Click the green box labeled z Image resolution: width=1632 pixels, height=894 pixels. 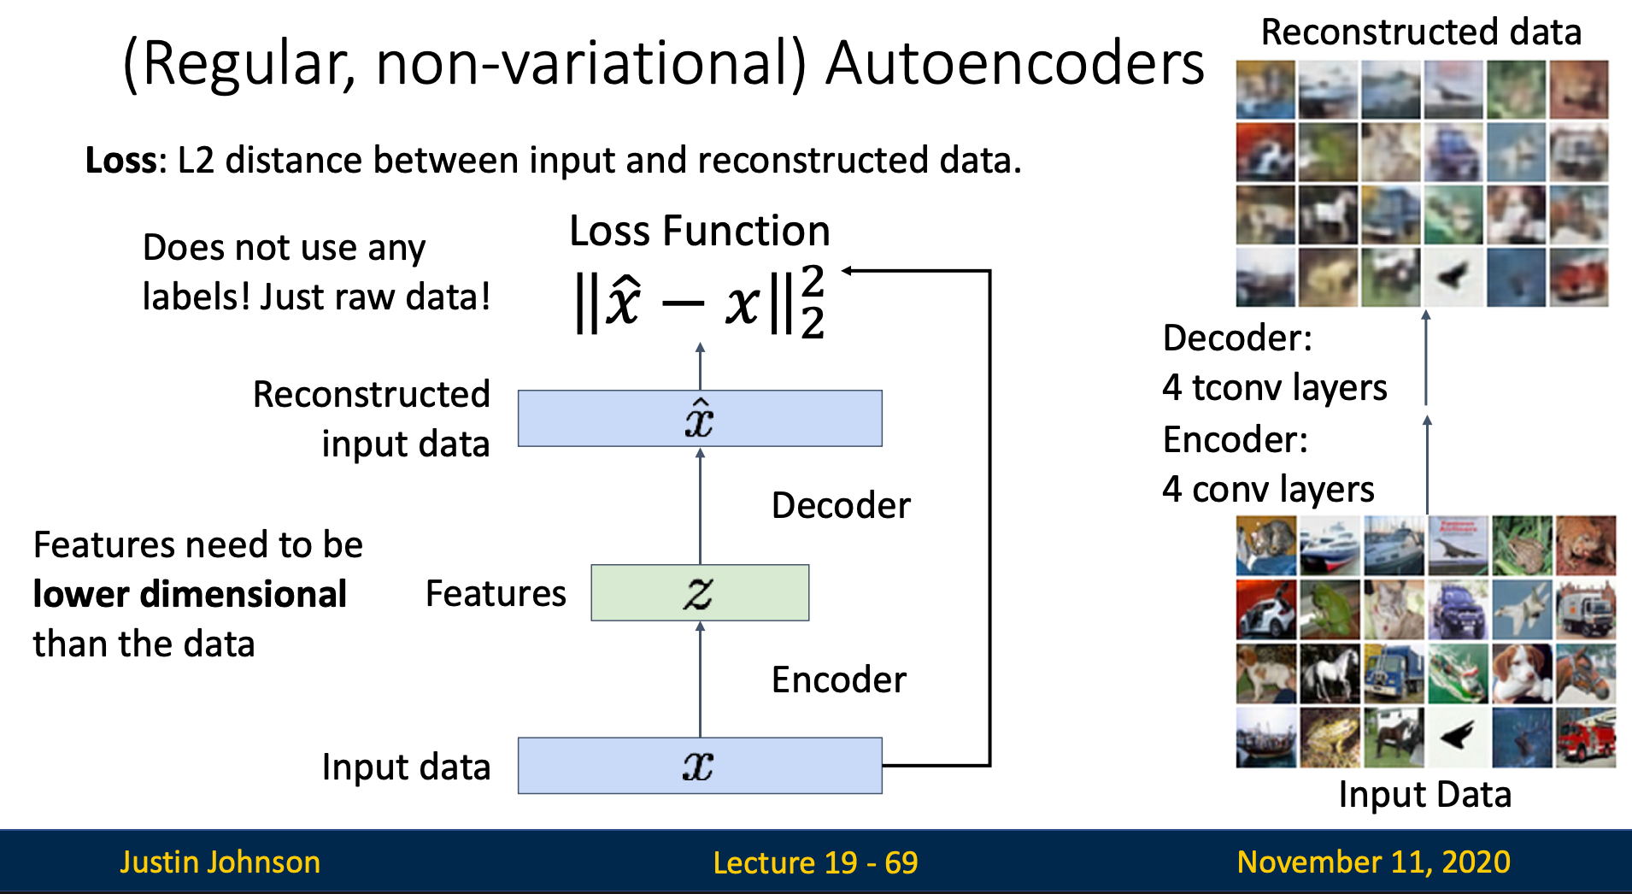pos(700,592)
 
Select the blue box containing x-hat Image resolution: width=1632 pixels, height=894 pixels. pos(700,419)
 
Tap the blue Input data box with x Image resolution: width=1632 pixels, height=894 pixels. pos(700,766)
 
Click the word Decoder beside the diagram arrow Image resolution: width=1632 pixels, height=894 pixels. pos(841,506)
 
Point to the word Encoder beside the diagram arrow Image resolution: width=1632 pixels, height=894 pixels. pos(838,680)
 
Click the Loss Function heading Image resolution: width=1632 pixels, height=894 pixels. pos(700,231)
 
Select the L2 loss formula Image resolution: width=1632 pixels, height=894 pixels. pos(700,303)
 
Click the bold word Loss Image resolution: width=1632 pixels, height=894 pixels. pos(120,161)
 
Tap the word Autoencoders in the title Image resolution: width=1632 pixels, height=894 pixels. pos(1014,64)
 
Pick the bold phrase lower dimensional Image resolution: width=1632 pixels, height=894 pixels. pos(190,594)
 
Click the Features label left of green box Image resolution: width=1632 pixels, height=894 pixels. pos(496,594)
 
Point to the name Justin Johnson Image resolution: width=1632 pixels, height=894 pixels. pos(220,862)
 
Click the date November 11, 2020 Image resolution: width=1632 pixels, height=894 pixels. pos(1373,862)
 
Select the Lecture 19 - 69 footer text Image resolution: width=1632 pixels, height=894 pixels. pos(815,863)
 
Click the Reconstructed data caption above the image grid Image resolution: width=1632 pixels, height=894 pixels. pos(1421,32)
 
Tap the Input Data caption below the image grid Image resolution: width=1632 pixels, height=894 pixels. pos(1424,795)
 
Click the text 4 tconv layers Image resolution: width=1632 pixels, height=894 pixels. pos(1274,388)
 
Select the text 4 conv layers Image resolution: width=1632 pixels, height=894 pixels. pos(1268,490)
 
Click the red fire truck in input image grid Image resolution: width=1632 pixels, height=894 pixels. pos(1585,737)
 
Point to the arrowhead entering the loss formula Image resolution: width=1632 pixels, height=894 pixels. pos(848,271)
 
